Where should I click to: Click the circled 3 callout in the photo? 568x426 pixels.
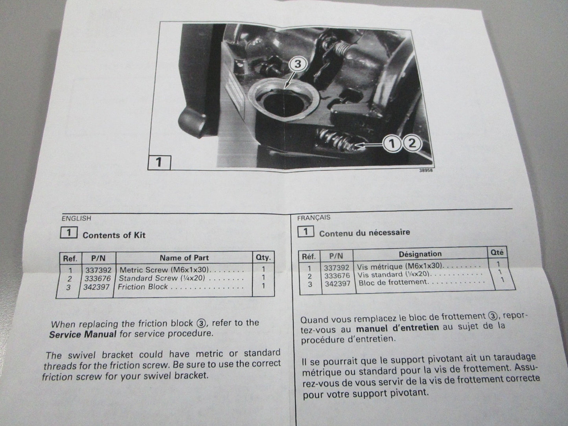pyautogui.click(x=298, y=64)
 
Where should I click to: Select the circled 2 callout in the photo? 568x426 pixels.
pyautogui.click(x=412, y=143)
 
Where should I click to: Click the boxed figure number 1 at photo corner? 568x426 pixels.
pyautogui.click(x=159, y=162)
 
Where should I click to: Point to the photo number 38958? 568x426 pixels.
pyautogui.click(x=426, y=171)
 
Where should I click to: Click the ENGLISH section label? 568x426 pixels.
pyautogui.click(x=76, y=218)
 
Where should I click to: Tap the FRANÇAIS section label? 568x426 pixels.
pyautogui.click(x=314, y=218)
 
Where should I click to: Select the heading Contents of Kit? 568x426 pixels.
pyautogui.click(x=114, y=235)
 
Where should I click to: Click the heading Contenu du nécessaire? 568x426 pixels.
pyautogui.click(x=364, y=233)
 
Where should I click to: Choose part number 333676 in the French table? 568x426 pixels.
pyautogui.click(x=337, y=276)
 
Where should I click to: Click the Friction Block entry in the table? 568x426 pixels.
pyautogui.click(x=143, y=287)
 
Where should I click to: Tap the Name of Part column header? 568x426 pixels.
pyautogui.click(x=184, y=258)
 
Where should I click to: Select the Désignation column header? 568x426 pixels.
pyautogui.click(x=420, y=254)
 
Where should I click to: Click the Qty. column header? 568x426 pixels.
pyautogui.click(x=263, y=258)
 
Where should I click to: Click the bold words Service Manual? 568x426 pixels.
pyautogui.click(x=83, y=334)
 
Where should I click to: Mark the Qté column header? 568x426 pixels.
pyautogui.click(x=496, y=252)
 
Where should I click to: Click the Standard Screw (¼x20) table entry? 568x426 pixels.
pyautogui.click(x=162, y=278)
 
